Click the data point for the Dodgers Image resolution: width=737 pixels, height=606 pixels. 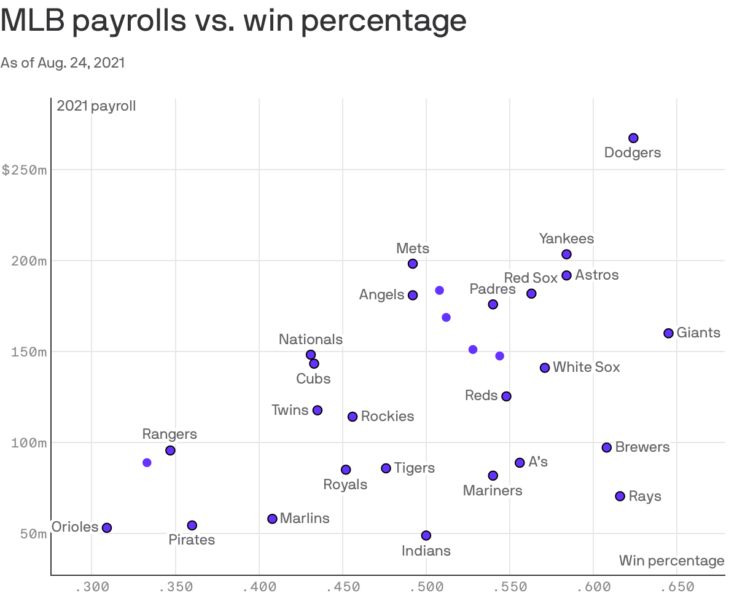(x=633, y=138)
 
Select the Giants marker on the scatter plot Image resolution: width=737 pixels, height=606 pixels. (x=668, y=333)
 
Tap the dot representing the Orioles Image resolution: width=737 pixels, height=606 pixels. (x=107, y=528)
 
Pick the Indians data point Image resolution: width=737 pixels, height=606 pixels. (x=426, y=535)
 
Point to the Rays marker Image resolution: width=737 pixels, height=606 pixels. (x=620, y=496)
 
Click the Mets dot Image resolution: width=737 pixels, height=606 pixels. (x=413, y=264)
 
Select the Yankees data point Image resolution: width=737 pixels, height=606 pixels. (x=566, y=254)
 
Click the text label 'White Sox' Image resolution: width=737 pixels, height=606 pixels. (x=586, y=368)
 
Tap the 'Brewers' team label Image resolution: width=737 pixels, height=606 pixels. (x=642, y=447)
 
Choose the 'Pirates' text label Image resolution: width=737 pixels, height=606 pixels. (x=192, y=540)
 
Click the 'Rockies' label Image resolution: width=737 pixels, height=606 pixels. (x=387, y=417)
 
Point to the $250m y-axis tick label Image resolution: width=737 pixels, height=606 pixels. (x=25, y=170)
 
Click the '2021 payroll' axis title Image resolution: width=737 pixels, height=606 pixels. (x=96, y=106)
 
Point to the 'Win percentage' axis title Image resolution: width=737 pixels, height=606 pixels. (x=671, y=561)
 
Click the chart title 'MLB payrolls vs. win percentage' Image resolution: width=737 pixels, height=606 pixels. (x=233, y=22)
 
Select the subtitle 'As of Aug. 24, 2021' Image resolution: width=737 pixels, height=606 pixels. (x=63, y=63)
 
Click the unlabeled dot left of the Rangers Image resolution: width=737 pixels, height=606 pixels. (x=147, y=463)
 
